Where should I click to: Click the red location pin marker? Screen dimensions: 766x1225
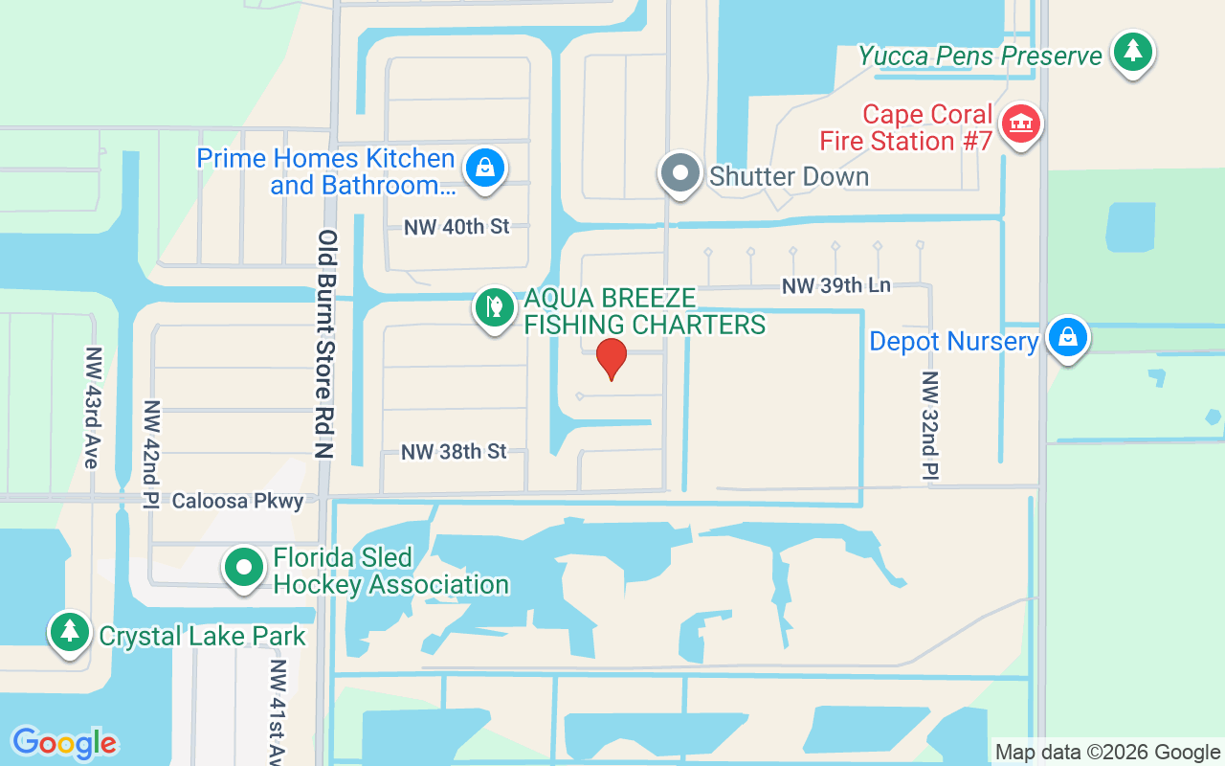click(x=612, y=359)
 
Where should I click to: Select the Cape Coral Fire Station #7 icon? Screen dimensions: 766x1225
click(x=1021, y=124)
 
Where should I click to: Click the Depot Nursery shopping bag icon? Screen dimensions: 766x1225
click(x=1067, y=337)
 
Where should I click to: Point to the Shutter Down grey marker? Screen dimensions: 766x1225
click(x=680, y=175)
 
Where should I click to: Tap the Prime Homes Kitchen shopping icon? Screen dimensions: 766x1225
click(x=485, y=168)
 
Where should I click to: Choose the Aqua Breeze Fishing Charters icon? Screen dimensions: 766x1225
click(x=495, y=308)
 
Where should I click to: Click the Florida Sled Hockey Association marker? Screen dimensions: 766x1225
click(x=244, y=567)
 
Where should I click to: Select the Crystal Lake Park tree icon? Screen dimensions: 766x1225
click(x=69, y=632)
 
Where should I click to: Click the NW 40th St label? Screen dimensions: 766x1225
click(x=457, y=227)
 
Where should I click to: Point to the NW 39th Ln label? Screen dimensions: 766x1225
click(x=835, y=285)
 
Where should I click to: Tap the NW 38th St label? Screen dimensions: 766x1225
click(x=454, y=451)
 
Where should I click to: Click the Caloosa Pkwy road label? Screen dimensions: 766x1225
click(x=237, y=501)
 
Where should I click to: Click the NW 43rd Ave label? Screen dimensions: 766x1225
click(x=92, y=407)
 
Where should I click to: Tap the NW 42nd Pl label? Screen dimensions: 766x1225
click(x=150, y=455)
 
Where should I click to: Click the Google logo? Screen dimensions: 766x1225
click(x=64, y=742)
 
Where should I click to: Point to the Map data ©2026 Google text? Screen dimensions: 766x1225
click(x=1107, y=752)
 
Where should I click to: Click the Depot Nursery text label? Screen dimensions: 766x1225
click(x=953, y=342)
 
